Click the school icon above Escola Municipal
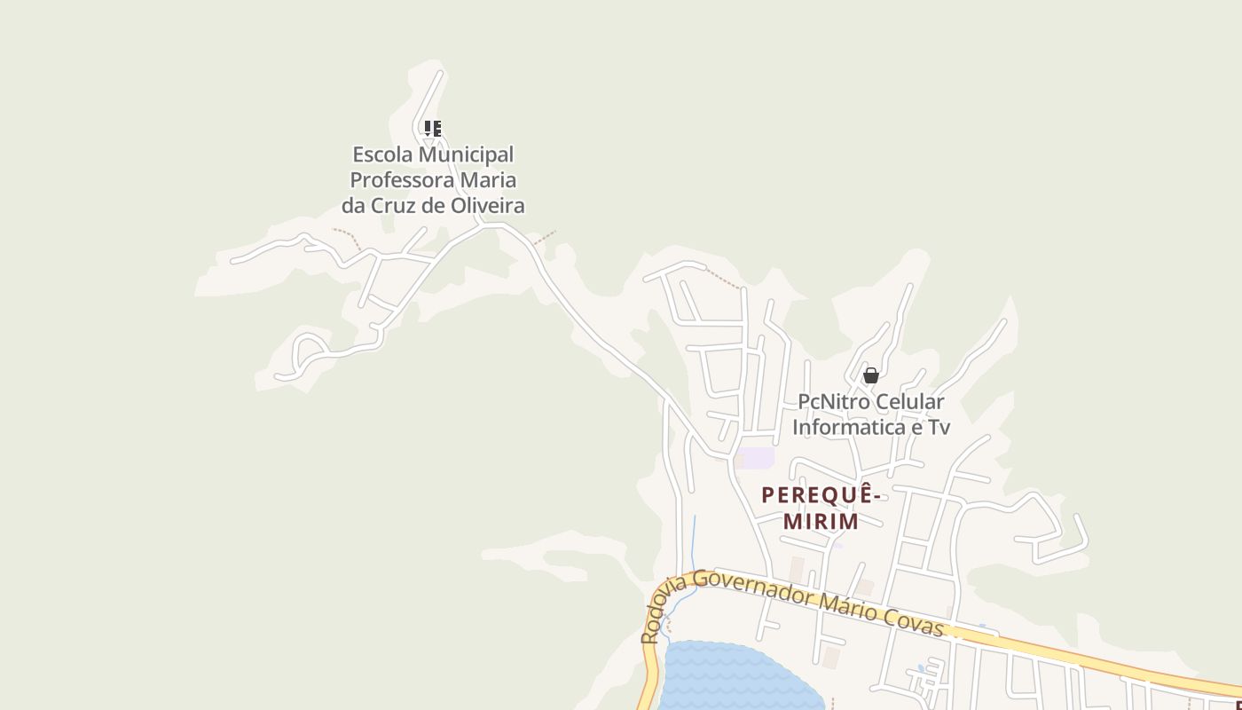[433, 129]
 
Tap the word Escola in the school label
[382, 154]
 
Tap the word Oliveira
[487, 206]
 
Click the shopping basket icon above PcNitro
[871, 375]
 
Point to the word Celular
[910, 402]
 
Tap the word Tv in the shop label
[939, 428]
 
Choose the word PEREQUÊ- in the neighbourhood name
[821, 495]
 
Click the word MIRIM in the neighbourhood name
[821, 521]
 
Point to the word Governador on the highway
[753, 588]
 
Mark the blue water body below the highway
[736, 679]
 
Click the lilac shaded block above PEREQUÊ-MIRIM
[755, 458]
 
